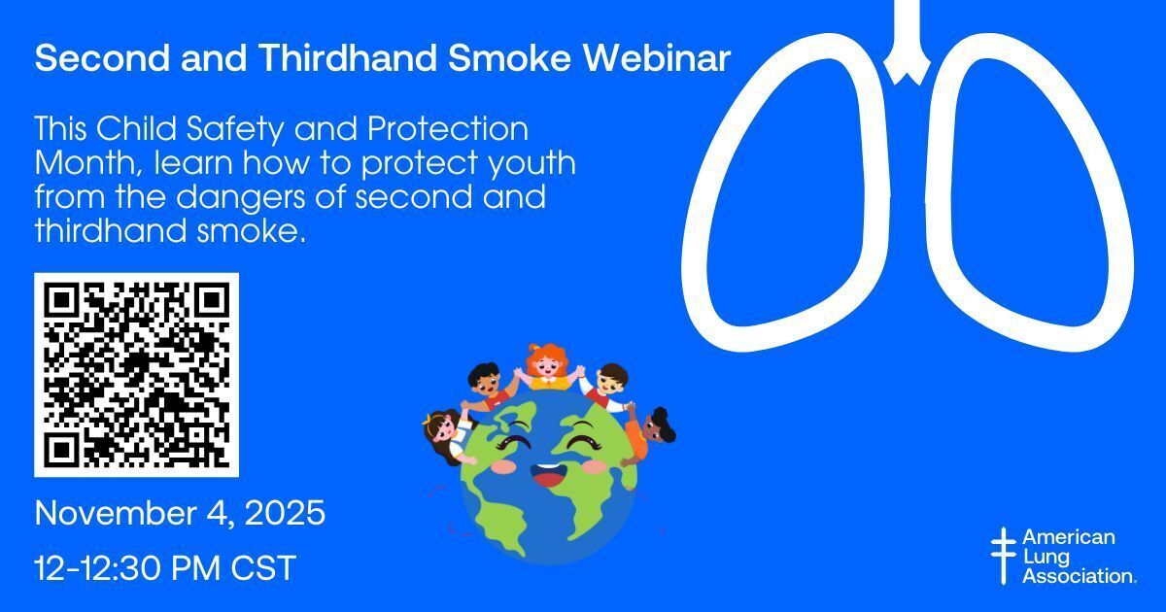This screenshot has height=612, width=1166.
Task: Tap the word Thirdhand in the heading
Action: [x=347, y=57]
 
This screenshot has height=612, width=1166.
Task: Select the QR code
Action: [x=136, y=375]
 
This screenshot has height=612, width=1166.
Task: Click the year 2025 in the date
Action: [x=285, y=513]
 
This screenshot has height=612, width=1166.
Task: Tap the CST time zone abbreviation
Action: [x=263, y=567]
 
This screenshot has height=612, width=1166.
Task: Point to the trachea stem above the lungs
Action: [x=907, y=42]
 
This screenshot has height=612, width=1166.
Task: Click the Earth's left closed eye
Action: [x=513, y=441]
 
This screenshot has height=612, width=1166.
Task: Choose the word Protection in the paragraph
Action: [x=448, y=128]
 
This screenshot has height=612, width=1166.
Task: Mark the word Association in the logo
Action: [x=1080, y=576]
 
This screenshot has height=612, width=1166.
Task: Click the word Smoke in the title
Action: [x=509, y=57]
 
